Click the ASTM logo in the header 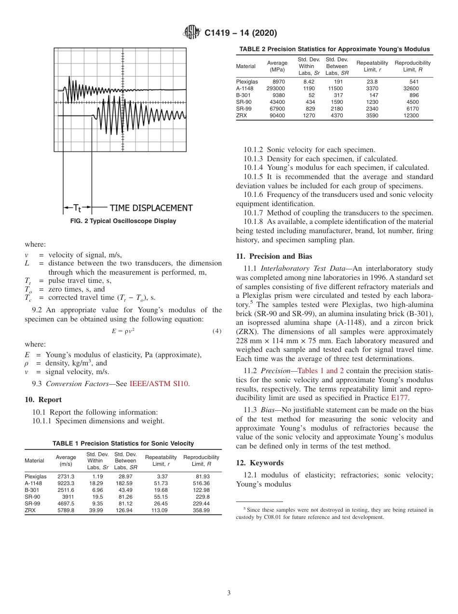pyautogui.click(x=192, y=33)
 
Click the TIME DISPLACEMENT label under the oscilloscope pyautogui.click(x=151, y=208)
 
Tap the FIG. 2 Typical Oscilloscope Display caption pyautogui.click(x=123, y=221)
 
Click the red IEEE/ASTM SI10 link pyautogui.click(x=160, y=384)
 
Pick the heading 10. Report pyautogui.click(x=43, y=400)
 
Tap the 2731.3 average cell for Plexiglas pyautogui.click(x=66, y=476)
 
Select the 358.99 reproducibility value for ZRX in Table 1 pyautogui.click(x=201, y=510)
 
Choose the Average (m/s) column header pyautogui.click(x=66, y=460)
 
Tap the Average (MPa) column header pyautogui.click(x=277, y=66)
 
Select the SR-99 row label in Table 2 pyautogui.click(x=243, y=109)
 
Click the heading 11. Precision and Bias pyautogui.click(x=274, y=256)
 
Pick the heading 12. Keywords pyautogui.click(x=259, y=463)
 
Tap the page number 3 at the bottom pyautogui.click(x=229, y=593)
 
